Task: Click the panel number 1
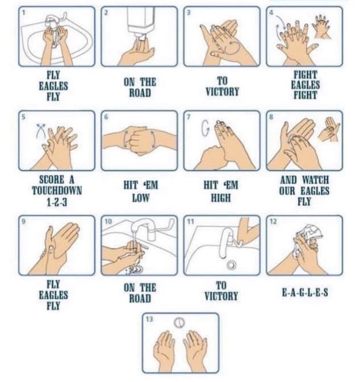click(x=24, y=13)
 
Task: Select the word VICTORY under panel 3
click(x=222, y=92)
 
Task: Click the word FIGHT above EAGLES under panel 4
click(x=305, y=74)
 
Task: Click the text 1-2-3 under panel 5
click(x=57, y=202)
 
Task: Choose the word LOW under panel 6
click(x=140, y=198)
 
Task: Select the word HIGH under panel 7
click(x=221, y=198)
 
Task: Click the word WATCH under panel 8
click(x=315, y=180)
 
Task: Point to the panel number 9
click(x=24, y=221)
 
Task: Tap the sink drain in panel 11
click(x=231, y=265)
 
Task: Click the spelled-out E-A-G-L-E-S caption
click(x=305, y=293)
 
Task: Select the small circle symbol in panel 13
click(x=179, y=323)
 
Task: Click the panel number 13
click(x=149, y=319)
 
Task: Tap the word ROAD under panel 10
click(x=140, y=298)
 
